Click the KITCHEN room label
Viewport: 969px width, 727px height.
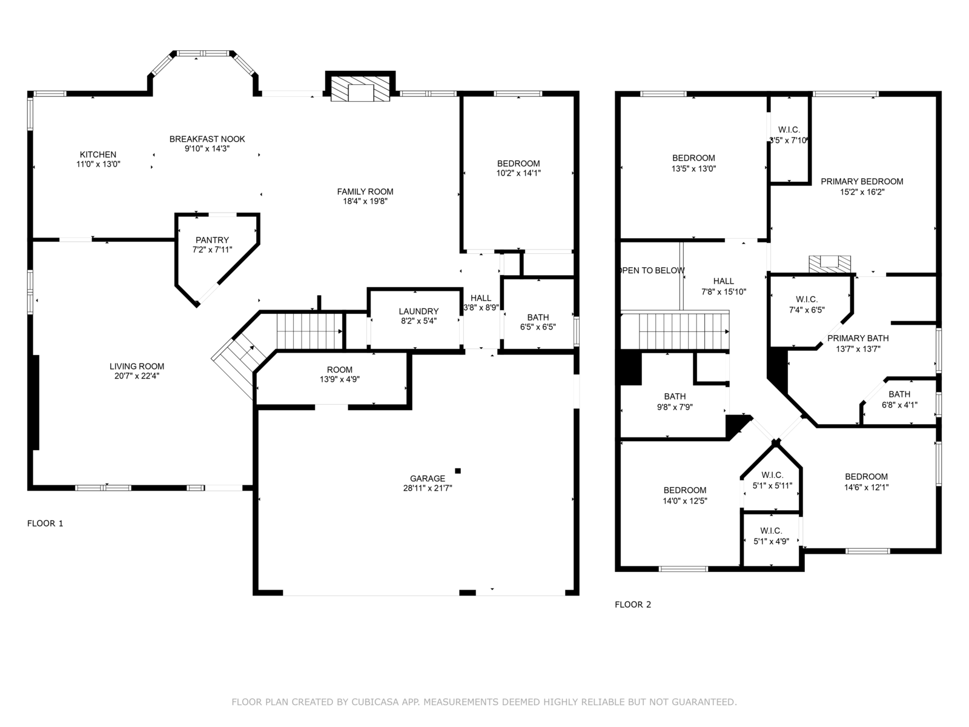pyautogui.click(x=98, y=154)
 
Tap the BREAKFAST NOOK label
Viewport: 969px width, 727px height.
pyautogui.click(x=207, y=139)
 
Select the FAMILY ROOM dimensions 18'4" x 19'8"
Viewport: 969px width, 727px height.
pyautogui.click(x=365, y=201)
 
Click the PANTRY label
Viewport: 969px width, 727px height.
pyautogui.click(x=213, y=240)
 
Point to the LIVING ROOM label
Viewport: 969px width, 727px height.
pyautogui.click(x=137, y=367)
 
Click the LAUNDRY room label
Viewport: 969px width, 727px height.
pyautogui.click(x=418, y=311)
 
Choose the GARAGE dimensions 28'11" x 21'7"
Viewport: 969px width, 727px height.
pyautogui.click(x=428, y=488)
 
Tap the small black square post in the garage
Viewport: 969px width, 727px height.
pyautogui.click(x=458, y=471)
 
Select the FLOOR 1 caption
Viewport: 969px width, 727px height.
pyautogui.click(x=45, y=523)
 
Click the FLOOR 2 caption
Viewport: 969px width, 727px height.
pyautogui.click(x=633, y=605)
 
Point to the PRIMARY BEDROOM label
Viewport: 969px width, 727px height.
pyautogui.click(x=862, y=181)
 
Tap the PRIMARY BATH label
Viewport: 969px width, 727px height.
pyautogui.click(x=858, y=338)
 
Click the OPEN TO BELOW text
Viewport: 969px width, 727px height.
pyautogui.click(x=652, y=271)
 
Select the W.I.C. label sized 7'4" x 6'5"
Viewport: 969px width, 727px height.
pyautogui.click(x=807, y=299)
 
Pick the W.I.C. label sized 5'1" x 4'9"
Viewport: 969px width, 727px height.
pyautogui.click(x=771, y=531)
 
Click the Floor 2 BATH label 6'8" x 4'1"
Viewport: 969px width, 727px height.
pyautogui.click(x=899, y=394)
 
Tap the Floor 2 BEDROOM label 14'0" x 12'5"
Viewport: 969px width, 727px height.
pyautogui.click(x=685, y=490)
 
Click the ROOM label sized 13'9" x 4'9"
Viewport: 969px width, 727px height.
pyautogui.click(x=340, y=370)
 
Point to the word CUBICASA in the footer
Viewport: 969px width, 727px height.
pyautogui.click(x=374, y=702)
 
